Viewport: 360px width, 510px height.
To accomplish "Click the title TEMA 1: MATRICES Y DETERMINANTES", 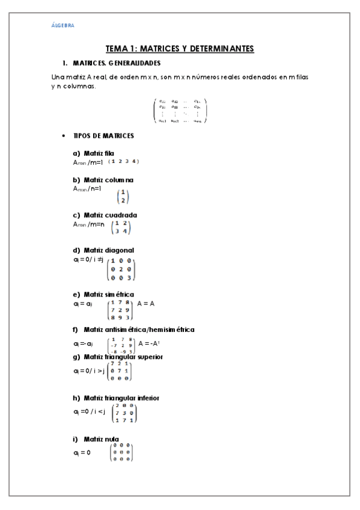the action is pyautogui.click(x=180, y=48).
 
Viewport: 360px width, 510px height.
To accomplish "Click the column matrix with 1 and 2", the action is pyautogui.click(x=123, y=197).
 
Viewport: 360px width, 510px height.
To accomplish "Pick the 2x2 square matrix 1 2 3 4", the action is pyautogui.click(x=121, y=227).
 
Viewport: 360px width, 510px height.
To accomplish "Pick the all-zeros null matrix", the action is pyautogui.click(x=121, y=452).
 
